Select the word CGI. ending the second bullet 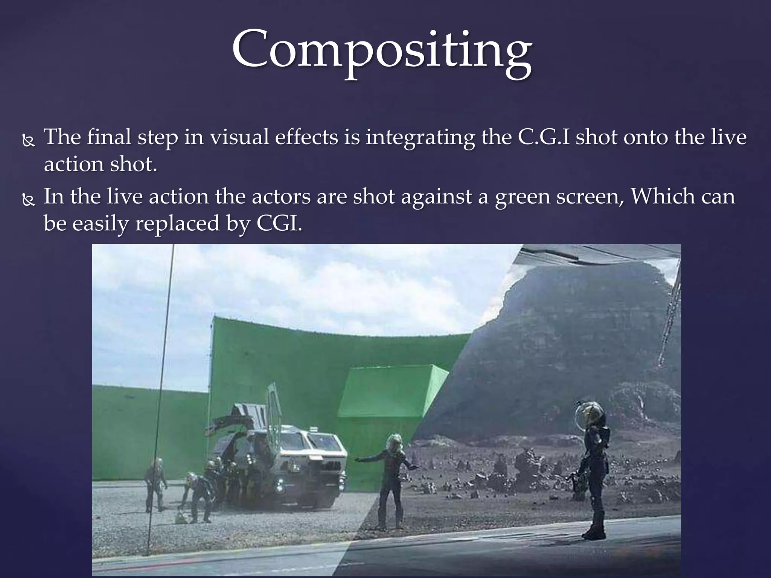[x=279, y=224]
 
